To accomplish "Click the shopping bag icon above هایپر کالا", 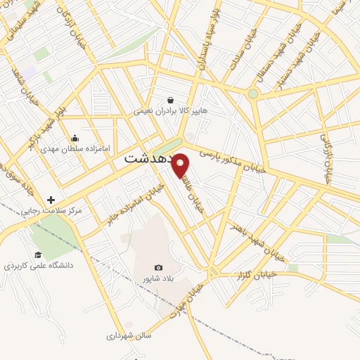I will [171, 100].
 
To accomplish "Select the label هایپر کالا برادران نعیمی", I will [171, 111].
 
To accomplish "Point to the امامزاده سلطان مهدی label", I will [77, 149].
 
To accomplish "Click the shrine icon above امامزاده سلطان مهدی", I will [75, 139].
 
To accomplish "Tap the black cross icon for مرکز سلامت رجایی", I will [51, 200].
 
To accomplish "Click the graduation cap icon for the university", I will [38, 255].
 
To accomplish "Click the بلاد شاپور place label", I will [158, 279].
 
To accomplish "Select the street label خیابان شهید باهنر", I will [257, 242].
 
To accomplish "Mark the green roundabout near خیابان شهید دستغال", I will [253, 93].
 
